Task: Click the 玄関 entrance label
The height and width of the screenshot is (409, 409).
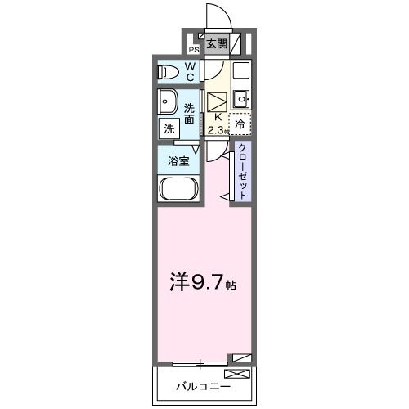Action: click(x=217, y=45)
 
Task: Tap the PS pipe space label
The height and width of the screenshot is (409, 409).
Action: click(x=194, y=49)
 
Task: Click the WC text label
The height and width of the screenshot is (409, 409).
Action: click(x=190, y=71)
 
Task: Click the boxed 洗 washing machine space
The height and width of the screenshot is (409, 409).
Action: click(x=169, y=128)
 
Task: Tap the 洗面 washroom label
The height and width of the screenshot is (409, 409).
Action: click(x=190, y=114)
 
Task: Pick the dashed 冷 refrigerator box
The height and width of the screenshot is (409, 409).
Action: click(x=240, y=123)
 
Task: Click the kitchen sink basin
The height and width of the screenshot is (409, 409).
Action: click(x=240, y=100)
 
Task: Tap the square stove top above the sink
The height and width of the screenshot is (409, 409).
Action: click(x=240, y=72)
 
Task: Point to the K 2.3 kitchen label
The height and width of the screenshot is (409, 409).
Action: click(x=217, y=123)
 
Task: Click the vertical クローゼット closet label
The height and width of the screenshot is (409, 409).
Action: click(x=243, y=169)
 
